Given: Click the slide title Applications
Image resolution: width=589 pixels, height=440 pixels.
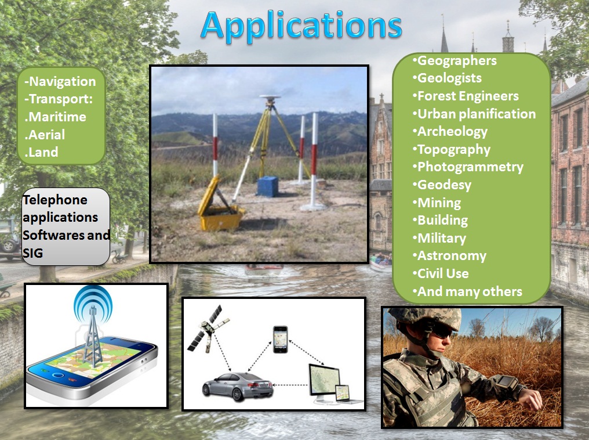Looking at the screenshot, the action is [301, 26].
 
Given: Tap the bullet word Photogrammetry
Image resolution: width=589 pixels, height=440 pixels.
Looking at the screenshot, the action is [470, 167].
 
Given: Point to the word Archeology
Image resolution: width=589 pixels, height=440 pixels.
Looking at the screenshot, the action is [452, 132].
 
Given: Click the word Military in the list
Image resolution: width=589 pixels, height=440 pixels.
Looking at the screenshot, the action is [442, 239].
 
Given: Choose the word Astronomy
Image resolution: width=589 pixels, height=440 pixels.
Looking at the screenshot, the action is [452, 256].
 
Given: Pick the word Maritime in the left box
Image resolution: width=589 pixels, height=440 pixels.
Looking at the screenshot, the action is [57, 117].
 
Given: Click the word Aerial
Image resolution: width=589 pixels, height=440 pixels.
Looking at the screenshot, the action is [46, 135].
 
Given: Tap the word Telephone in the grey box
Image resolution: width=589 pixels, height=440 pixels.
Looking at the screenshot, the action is [55, 200].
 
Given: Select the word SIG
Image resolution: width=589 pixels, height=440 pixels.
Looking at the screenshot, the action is [32, 253].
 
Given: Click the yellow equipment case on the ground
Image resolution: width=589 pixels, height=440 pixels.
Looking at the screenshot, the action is [220, 206].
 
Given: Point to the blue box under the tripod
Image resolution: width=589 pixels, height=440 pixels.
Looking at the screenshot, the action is [268, 186].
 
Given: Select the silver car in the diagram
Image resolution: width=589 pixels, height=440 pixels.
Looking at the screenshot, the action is [238, 386].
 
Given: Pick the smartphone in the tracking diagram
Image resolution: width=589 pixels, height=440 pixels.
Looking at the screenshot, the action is [280, 339].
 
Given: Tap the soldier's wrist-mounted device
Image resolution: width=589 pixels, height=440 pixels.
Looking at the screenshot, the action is [507, 384].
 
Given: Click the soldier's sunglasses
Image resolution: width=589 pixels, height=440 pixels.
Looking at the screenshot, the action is [440, 331].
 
